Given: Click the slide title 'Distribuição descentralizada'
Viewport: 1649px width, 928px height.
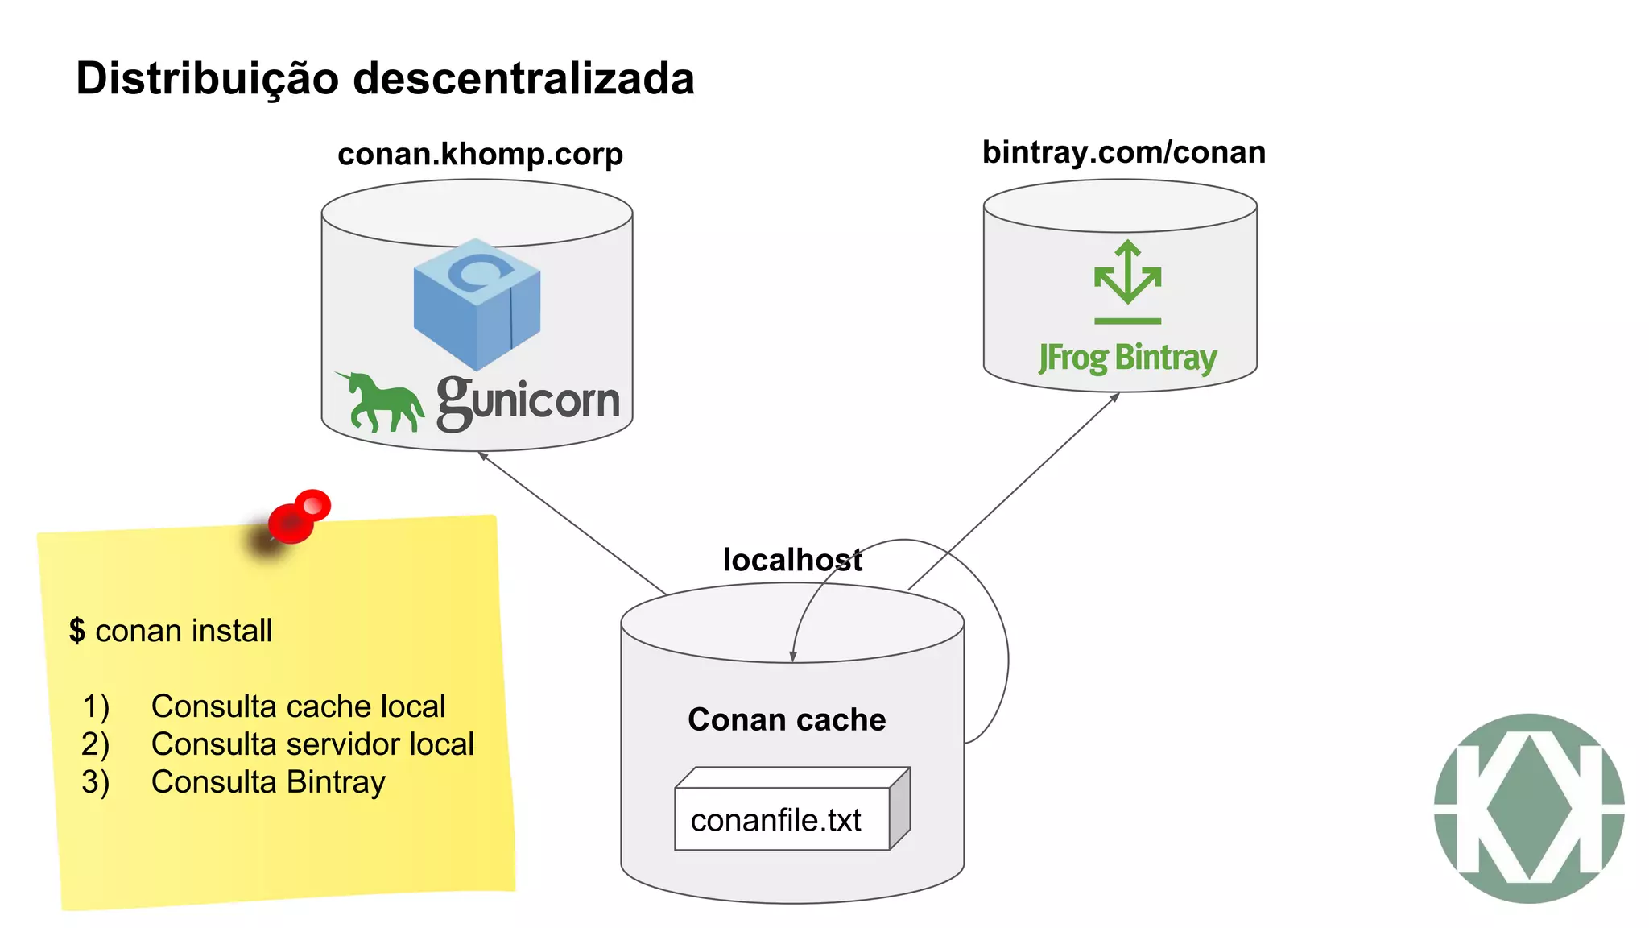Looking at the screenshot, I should coord(385,79).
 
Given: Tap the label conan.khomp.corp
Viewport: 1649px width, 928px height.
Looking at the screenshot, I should coord(480,154).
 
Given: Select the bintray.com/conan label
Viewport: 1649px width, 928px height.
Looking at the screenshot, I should coord(1123,152).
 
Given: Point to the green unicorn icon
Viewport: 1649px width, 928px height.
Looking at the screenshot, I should coord(379,402).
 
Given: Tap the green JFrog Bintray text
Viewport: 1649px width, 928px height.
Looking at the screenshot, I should coord(1127,358).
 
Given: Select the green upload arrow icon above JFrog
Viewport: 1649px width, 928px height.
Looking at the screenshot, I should coord(1127,281).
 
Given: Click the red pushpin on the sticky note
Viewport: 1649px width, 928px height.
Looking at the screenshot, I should coord(299,516).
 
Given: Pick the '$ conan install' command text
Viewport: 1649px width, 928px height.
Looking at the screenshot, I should coord(171,631).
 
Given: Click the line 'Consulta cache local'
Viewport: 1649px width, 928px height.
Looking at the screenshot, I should coord(298,706).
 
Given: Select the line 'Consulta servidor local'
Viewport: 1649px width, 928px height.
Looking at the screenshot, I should coord(312,744).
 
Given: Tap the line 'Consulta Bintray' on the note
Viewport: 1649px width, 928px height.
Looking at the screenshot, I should coord(268,782).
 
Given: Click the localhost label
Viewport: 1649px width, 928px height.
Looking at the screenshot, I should coord(791,560).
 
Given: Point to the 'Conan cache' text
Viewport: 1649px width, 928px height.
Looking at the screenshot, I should coord(787,719).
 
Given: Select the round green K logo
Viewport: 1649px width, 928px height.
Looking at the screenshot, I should coord(1528,808).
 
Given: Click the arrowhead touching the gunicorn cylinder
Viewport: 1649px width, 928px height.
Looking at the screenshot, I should coord(482,456).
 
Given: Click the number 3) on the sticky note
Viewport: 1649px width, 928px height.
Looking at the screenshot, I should coord(95,782).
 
